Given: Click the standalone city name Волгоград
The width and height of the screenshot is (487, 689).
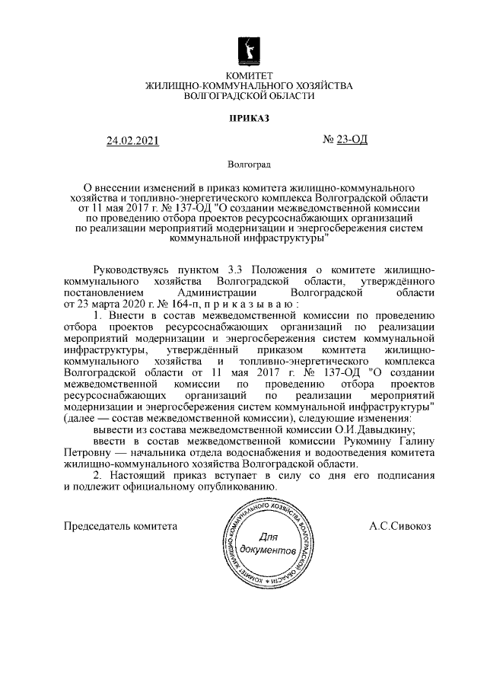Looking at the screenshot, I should (x=249, y=164).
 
